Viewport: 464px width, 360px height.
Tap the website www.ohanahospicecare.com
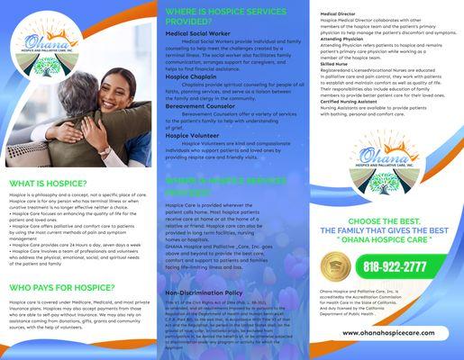click(391, 333)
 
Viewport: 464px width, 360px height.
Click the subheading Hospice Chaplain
click(190, 77)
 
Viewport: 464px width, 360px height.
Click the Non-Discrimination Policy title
click(204, 293)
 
